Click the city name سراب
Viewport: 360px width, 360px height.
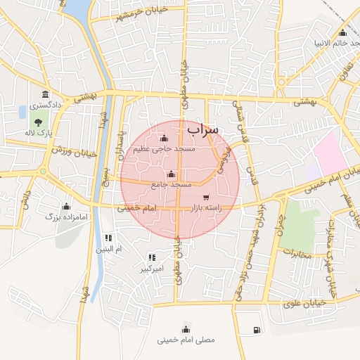coord(203,129)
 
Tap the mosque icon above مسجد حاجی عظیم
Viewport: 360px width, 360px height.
coord(164,138)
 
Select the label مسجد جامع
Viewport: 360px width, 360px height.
coord(172,184)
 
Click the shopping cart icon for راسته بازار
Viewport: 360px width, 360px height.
coord(206,198)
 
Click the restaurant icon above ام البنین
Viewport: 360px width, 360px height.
coord(108,238)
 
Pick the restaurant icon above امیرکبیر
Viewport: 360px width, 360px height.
coord(152,258)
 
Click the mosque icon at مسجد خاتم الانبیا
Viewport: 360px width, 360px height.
coord(342,32)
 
